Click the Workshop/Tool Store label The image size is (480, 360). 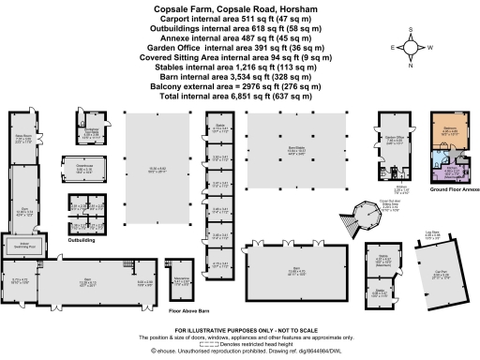[x=93, y=132]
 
